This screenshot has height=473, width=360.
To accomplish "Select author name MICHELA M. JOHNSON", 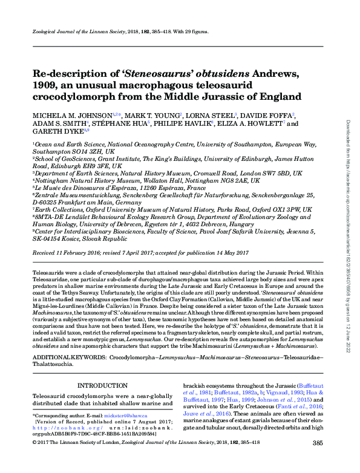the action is [73, 115].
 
